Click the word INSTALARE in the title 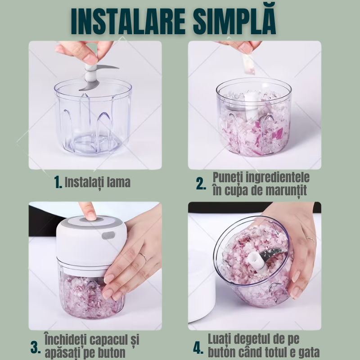pyautogui.click(x=128, y=22)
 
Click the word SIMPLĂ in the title pyautogui.click(x=234, y=20)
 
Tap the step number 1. pyautogui.click(x=58, y=182)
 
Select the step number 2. pyautogui.click(x=201, y=184)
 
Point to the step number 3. pyautogui.click(x=36, y=347)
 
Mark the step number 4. pyautogui.click(x=198, y=348)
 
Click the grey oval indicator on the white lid pyautogui.click(x=108, y=235)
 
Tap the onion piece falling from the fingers pyautogui.click(x=249, y=64)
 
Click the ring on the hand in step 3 pyautogui.click(x=143, y=256)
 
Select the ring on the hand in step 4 pyautogui.click(x=310, y=239)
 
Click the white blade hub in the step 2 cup pyautogui.click(x=252, y=106)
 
